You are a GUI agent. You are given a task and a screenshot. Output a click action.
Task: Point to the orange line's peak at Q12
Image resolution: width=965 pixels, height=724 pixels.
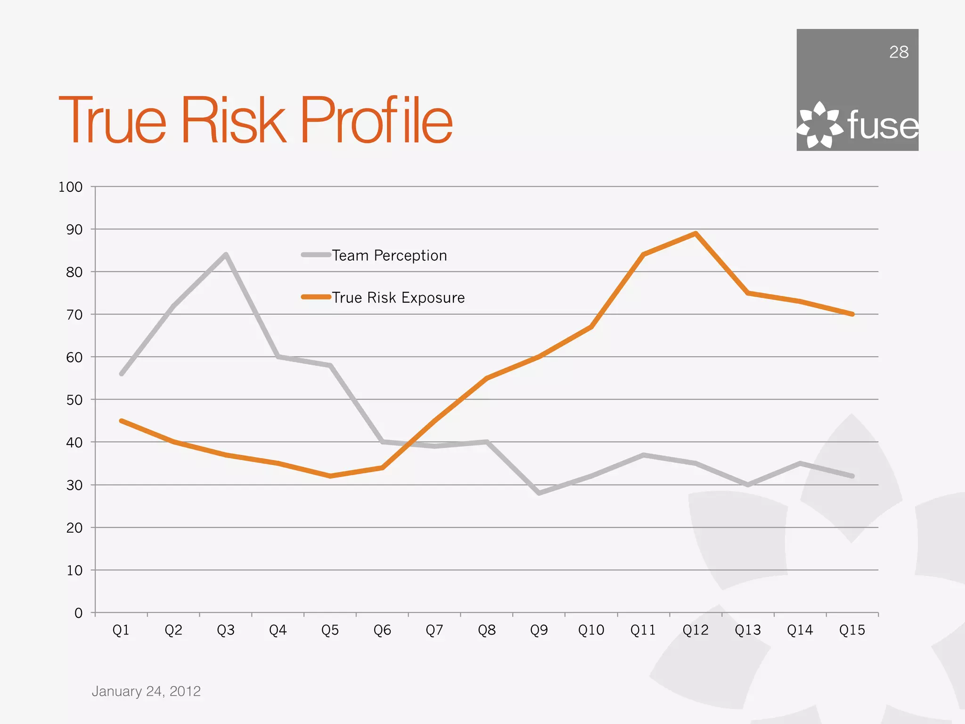[x=695, y=233]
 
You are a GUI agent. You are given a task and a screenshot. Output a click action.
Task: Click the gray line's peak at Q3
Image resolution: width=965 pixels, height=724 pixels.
[x=226, y=255]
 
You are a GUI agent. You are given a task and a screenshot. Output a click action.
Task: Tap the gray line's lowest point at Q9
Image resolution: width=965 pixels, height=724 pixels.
[x=539, y=493]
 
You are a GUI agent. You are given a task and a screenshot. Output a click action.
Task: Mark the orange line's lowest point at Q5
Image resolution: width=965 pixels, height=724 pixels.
[x=330, y=476]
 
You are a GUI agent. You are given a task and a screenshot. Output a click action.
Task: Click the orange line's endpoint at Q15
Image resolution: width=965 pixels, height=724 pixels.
[x=852, y=314]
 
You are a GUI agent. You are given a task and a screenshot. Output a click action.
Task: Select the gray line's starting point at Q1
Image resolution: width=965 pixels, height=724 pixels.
[x=122, y=374]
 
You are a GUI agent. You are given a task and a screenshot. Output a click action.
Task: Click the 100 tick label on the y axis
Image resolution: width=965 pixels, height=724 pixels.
[x=70, y=187]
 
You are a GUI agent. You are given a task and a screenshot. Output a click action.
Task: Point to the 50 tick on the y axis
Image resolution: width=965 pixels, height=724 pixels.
[x=74, y=400]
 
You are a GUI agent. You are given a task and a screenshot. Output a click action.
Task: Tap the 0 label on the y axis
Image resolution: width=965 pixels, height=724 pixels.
[x=78, y=613]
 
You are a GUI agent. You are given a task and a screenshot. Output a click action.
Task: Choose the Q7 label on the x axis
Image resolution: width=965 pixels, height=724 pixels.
[x=434, y=630]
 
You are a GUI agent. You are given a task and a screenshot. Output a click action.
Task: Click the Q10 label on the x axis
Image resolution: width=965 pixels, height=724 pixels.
[x=591, y=630]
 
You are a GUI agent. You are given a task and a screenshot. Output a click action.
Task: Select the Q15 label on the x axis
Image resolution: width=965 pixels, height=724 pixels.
[x=852, y=630]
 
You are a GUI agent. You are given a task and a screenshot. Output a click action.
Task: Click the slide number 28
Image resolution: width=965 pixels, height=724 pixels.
[x=899, y=52]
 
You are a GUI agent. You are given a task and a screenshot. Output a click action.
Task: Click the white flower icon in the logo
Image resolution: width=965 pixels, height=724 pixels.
[x=819, y=125]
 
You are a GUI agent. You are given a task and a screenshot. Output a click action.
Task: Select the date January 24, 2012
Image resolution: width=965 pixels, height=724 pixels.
[x=146, y=691]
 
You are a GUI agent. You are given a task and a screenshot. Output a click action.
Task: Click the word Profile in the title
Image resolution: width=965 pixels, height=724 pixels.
[x=376, y=120]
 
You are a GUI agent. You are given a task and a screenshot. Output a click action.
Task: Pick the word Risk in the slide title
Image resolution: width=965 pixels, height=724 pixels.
[x=234, y=120]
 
